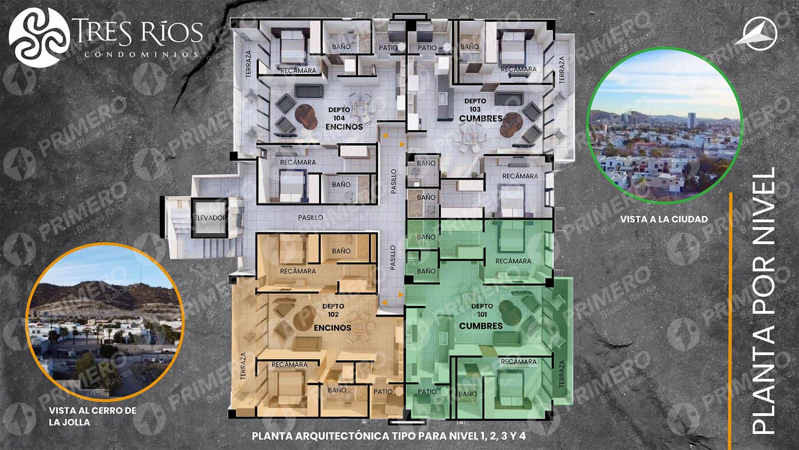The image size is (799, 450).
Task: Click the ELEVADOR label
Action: click(210, 218)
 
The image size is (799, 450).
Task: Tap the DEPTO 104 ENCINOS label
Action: click(344, 118)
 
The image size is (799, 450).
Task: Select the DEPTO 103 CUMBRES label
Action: click(481, 110)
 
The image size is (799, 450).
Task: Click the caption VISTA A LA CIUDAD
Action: click(664, 219)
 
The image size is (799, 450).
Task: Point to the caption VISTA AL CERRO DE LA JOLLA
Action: click(92, 416)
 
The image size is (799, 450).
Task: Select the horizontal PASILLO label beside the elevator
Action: click(310, 217)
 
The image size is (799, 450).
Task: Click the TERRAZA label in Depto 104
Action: click(248, 64)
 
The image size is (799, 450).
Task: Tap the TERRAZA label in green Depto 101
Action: click(562, 374)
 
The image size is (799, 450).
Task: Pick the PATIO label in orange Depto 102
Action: click(383, 391)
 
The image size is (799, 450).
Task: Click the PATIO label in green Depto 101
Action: click(427, 391)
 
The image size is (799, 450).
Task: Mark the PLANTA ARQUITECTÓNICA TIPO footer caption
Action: click(389, 436)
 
